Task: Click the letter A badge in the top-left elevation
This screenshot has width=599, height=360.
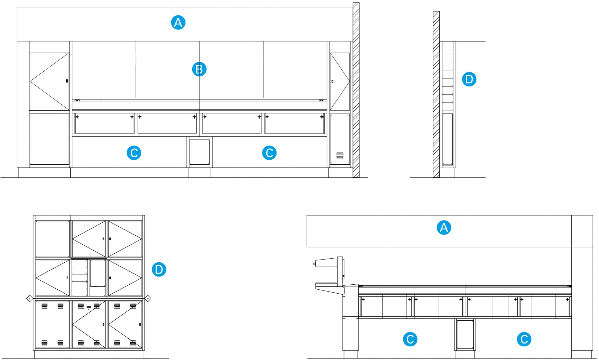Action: (x=178, y=23)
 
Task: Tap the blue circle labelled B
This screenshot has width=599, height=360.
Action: (x=199, y=69)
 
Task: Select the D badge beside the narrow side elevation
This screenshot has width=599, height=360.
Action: (x=469, y=79)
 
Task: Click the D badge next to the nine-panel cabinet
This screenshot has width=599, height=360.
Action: (x=159, y=269)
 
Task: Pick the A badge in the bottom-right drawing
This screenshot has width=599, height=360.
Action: (x=444, y=228)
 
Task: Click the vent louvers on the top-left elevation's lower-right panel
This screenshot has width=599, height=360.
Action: (x=340, y=155)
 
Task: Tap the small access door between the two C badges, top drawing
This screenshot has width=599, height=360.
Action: (x=200, y=152)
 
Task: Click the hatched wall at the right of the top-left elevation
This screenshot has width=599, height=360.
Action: (x=356, y=90)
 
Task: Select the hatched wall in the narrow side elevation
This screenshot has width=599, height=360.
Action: (x=436, y=93)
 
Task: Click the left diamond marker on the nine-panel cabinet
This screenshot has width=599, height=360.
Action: (x=29, y=298)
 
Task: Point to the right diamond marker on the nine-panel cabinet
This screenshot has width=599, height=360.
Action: (x=148, y=298)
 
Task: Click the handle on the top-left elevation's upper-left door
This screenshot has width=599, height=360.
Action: (x=67, y=81)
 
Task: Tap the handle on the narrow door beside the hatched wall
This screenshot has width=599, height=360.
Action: (x=332, y=81)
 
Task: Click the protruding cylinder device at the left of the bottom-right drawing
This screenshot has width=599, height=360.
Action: (x=325, y=263)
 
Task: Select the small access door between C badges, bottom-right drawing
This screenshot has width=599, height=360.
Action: (x=465, y=334)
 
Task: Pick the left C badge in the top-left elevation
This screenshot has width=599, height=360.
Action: (x=134, y=153)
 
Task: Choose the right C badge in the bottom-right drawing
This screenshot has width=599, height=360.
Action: (x=524, y=339)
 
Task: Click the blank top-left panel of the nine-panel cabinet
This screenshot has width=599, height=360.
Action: (x=52, y=239)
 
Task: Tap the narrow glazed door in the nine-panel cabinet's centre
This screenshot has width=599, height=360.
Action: (x=98, y=273)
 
